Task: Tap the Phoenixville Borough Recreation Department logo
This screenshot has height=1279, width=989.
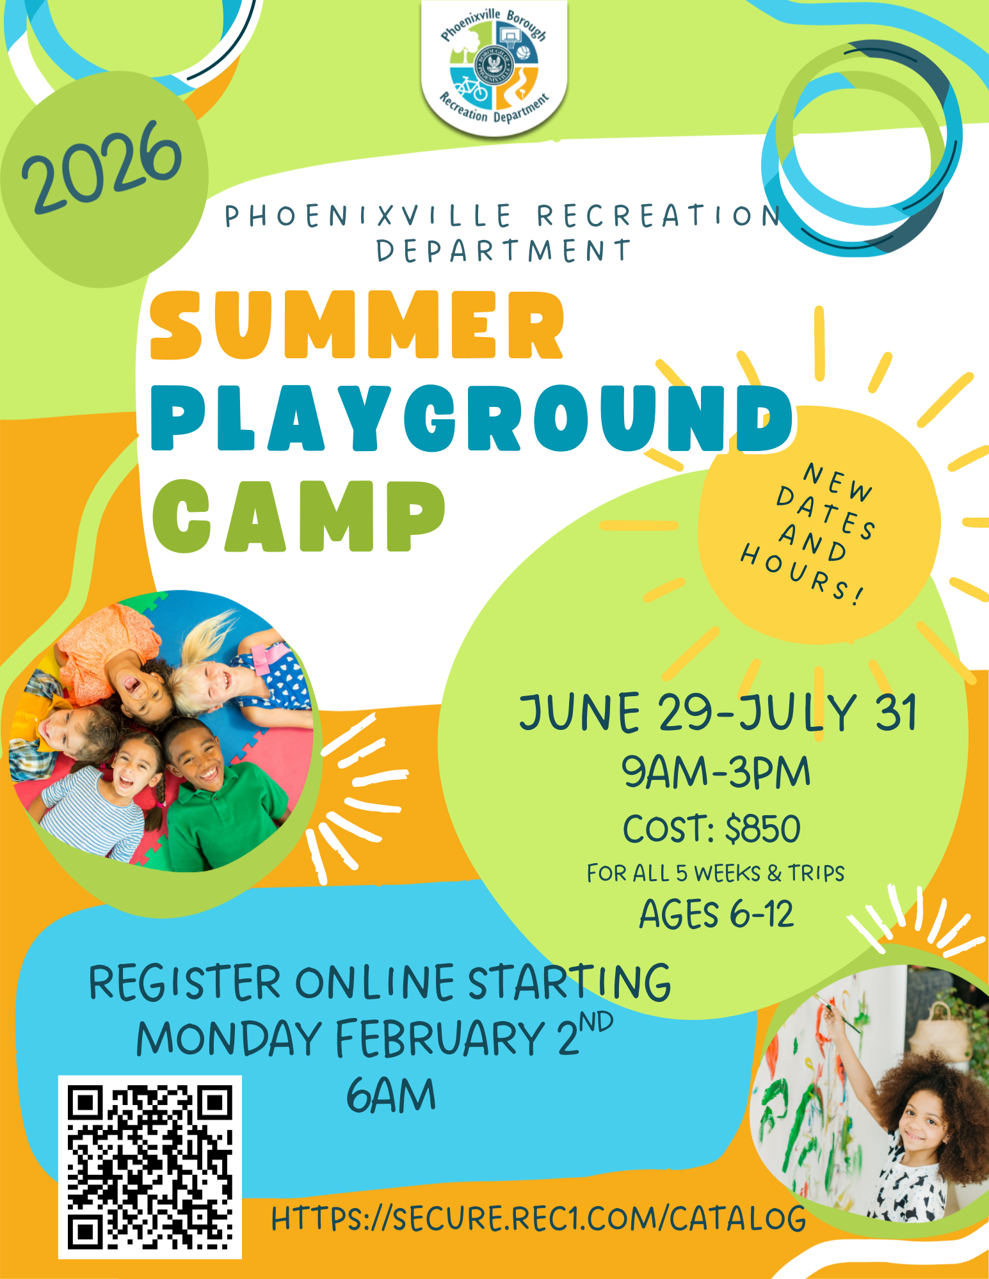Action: (x=494, y=68)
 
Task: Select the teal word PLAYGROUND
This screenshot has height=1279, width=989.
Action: (x=472, y=418)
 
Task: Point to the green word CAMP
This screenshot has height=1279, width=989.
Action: (x=298, y=516)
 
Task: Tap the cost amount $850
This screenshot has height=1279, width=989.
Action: (x=763, y=829)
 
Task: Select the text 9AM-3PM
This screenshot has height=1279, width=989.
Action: (x=716, y=772)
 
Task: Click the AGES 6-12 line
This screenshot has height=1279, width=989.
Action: (x=716, y=914)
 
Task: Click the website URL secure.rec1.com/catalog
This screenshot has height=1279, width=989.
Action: (x=538, y=1218)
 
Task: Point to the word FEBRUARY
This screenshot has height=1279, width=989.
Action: (x=440, y=1038)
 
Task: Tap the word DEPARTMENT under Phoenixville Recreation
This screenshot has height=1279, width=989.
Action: (x=503, y=251)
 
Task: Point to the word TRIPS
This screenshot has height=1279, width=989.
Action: (x=816, y=873)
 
